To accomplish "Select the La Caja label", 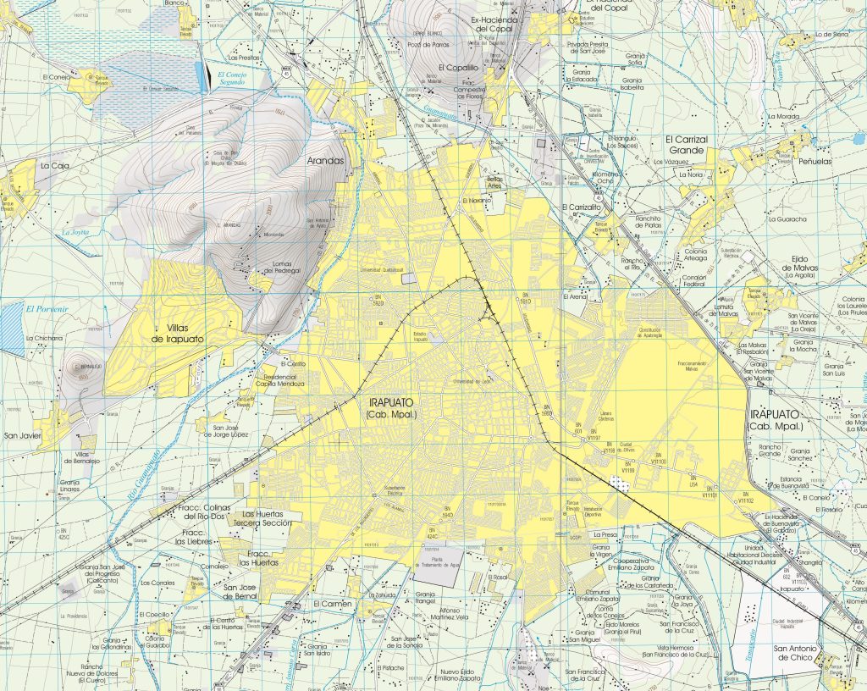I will click(x=54, y=166).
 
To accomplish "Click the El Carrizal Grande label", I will click(x=685, y=144).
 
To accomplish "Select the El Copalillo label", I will click(x=458, y=67).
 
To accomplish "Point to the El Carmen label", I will click(x=332, y=604).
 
